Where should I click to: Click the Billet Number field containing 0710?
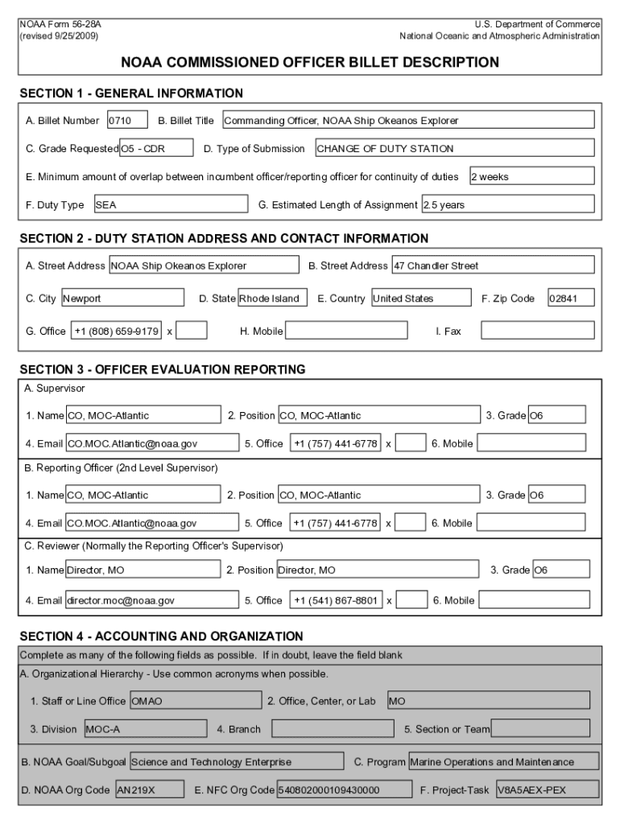click(x=127, y=121)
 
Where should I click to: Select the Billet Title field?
click(x=407, y=121)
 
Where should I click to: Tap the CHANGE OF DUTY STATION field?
click(x=454, y=148)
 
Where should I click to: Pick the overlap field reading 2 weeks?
click(x=531, y=176)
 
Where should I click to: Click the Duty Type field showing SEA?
click(x=170, y=204)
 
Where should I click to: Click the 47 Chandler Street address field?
click(x=492, y=266)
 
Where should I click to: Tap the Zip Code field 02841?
click(x=571, y=299)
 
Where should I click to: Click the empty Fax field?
click(x=537, y=331)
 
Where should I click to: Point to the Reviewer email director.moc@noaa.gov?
click(x=151, y=599)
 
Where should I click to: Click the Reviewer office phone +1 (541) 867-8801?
click(x=336, y=599)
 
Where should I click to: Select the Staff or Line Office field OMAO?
click(x=195, y=701)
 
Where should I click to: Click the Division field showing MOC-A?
click(x=145, y=729)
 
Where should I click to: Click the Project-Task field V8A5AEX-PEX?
click(x=547, y=789)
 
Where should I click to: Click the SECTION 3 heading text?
click(x=162, y=370)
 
